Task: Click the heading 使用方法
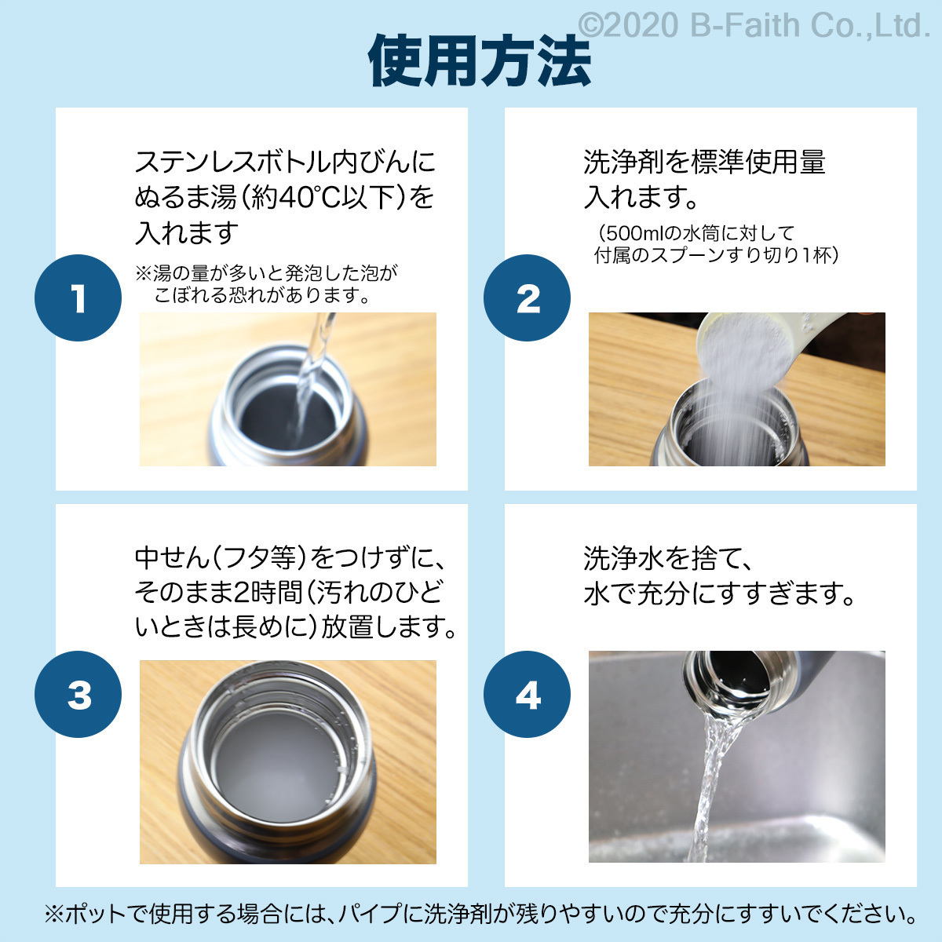pyautogui.click(x=480, y=61)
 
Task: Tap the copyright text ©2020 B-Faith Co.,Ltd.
pyautogui.click(x=754, y=25)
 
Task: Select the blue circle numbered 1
pyautogui.click(x=78, y=298)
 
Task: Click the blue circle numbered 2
pyautogui.click(x=527, y=298)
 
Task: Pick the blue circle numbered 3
pyautogui.click(x=78, y=694)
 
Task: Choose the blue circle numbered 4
pyautogui.click(x=527, y=694)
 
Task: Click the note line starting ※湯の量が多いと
pyautogui.click(x=267, y=272)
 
